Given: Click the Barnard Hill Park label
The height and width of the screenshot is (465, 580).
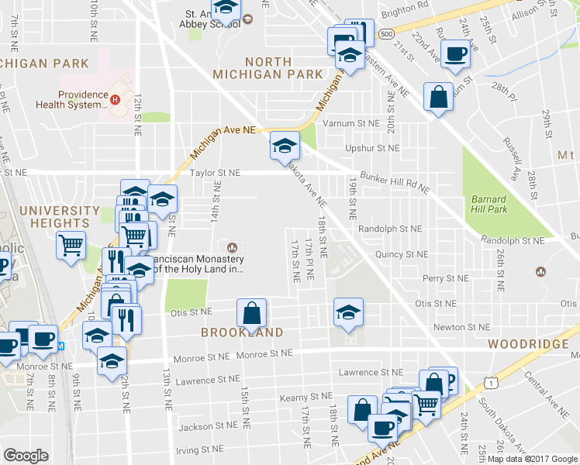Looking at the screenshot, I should point(488,204).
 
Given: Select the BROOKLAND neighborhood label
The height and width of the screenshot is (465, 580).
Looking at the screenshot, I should point(241,332).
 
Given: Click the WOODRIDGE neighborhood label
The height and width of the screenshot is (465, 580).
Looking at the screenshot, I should point(528,343).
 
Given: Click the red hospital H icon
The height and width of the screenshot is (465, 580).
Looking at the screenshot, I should point(115,99).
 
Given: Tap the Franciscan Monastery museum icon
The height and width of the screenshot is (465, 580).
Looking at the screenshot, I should point(230,246).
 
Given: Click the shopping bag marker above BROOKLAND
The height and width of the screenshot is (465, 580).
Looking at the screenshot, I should point(252,313).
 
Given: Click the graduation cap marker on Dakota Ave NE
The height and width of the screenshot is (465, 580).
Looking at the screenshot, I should point(284,145).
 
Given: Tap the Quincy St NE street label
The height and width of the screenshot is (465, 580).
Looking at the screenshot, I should point(401,253).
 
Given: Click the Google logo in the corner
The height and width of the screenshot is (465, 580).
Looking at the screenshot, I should point(26,456).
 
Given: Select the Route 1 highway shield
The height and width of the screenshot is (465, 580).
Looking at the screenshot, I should point(492,382).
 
